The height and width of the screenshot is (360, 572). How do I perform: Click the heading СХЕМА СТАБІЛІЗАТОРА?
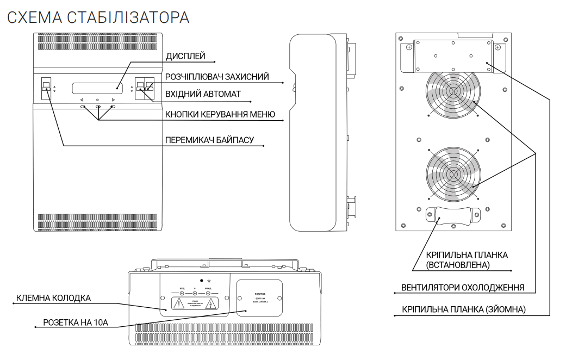[x=98, y=17]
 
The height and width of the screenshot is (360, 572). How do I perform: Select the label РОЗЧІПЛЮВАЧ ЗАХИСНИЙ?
[x=217, y=77]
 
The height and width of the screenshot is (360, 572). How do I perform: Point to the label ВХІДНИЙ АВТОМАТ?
[x=203, y=95]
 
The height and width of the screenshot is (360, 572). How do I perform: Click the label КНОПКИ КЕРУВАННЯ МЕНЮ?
[x=220, y=114]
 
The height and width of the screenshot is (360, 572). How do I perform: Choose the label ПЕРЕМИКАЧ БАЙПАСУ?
[x=210, y=140]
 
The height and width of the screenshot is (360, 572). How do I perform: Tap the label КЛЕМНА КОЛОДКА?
[x=53, y=298]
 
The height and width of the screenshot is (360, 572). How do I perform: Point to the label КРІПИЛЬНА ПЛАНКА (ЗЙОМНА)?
[x=464, y=309]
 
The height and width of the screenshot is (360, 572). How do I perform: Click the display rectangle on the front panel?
[x=96, y=87]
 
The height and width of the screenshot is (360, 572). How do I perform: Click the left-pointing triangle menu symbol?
[x=82, y=100]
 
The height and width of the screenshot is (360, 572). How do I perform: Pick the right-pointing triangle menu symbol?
[x=113, y=100]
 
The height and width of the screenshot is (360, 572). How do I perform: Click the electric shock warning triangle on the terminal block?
[x=209, y=303]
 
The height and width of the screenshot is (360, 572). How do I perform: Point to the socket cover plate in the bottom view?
[x=259, y=299]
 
